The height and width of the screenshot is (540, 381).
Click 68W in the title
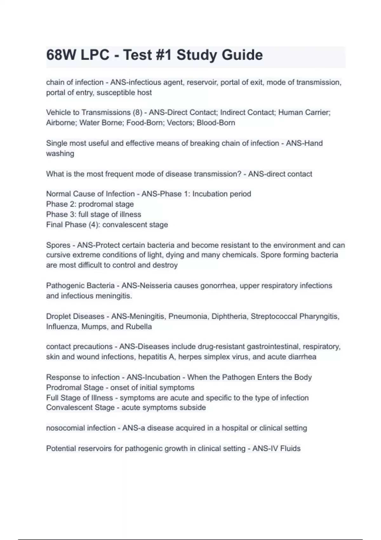61,55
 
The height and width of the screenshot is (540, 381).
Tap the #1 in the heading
163,55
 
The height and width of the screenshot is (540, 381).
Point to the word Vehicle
58,112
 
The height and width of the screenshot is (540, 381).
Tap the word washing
60,153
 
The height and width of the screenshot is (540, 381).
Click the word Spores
58,245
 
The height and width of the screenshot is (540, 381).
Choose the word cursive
58,255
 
